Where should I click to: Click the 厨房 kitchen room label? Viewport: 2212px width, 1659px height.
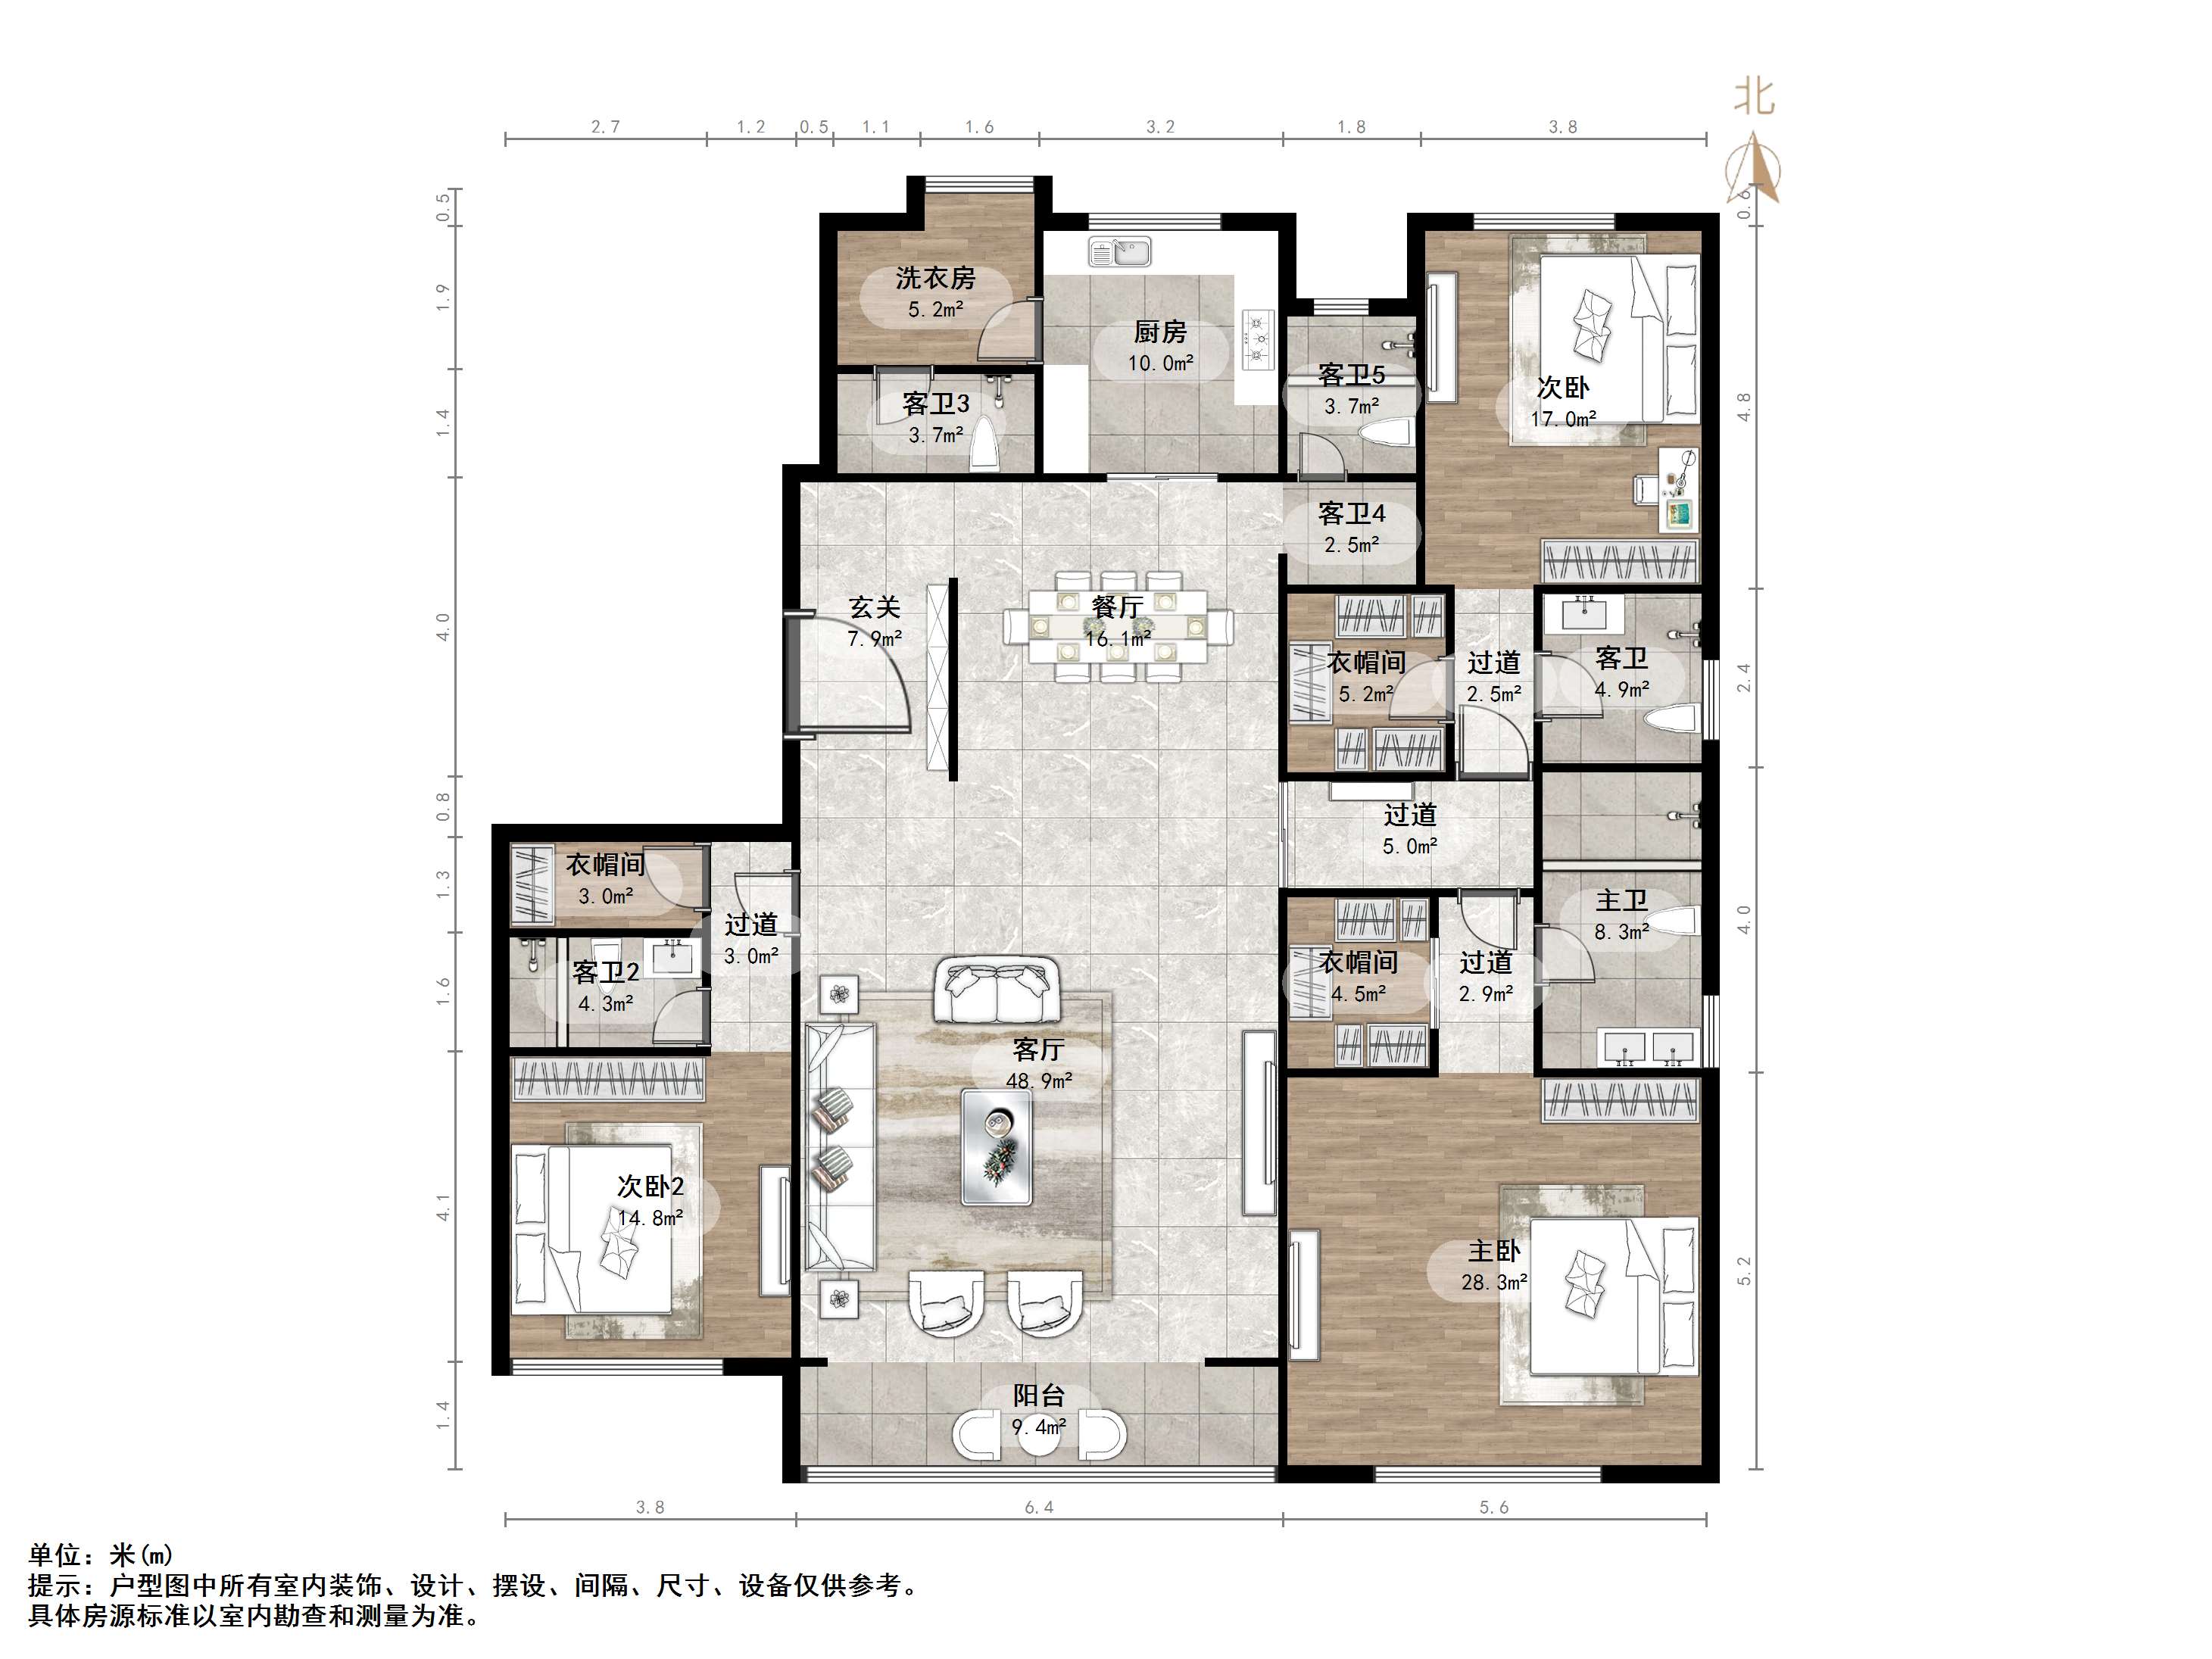[1160, 331]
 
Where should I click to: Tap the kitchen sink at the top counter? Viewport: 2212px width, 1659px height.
[1120, 252]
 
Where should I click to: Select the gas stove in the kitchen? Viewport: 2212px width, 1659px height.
[1257, 336]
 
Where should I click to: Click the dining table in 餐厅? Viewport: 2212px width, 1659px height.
[1118, 627]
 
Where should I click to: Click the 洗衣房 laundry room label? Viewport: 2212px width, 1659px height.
[935, 277]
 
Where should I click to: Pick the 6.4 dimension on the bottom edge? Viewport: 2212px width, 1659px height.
[1039, 1507]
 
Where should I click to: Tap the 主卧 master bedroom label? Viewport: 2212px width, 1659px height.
[1494, 1250]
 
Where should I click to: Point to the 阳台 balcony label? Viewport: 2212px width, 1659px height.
[1039, 1395]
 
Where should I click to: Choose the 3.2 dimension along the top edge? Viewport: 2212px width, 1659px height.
[1160, 127]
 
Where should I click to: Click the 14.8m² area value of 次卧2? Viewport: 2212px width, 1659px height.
[650, 1218]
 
